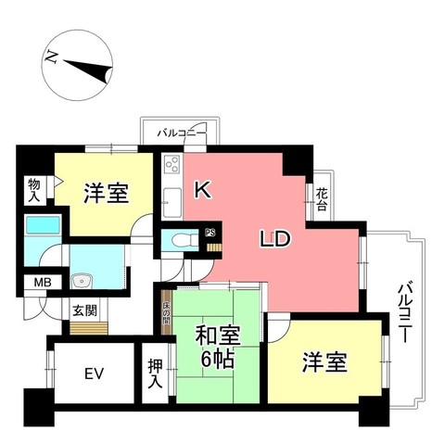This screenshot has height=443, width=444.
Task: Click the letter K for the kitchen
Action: pos(203,191)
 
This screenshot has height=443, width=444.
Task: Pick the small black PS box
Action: pos(209,233)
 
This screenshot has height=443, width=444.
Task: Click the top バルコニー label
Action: pos(182,133)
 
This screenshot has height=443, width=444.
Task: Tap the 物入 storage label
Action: pos(34,191)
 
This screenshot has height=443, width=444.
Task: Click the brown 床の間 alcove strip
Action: pos(167,314)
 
